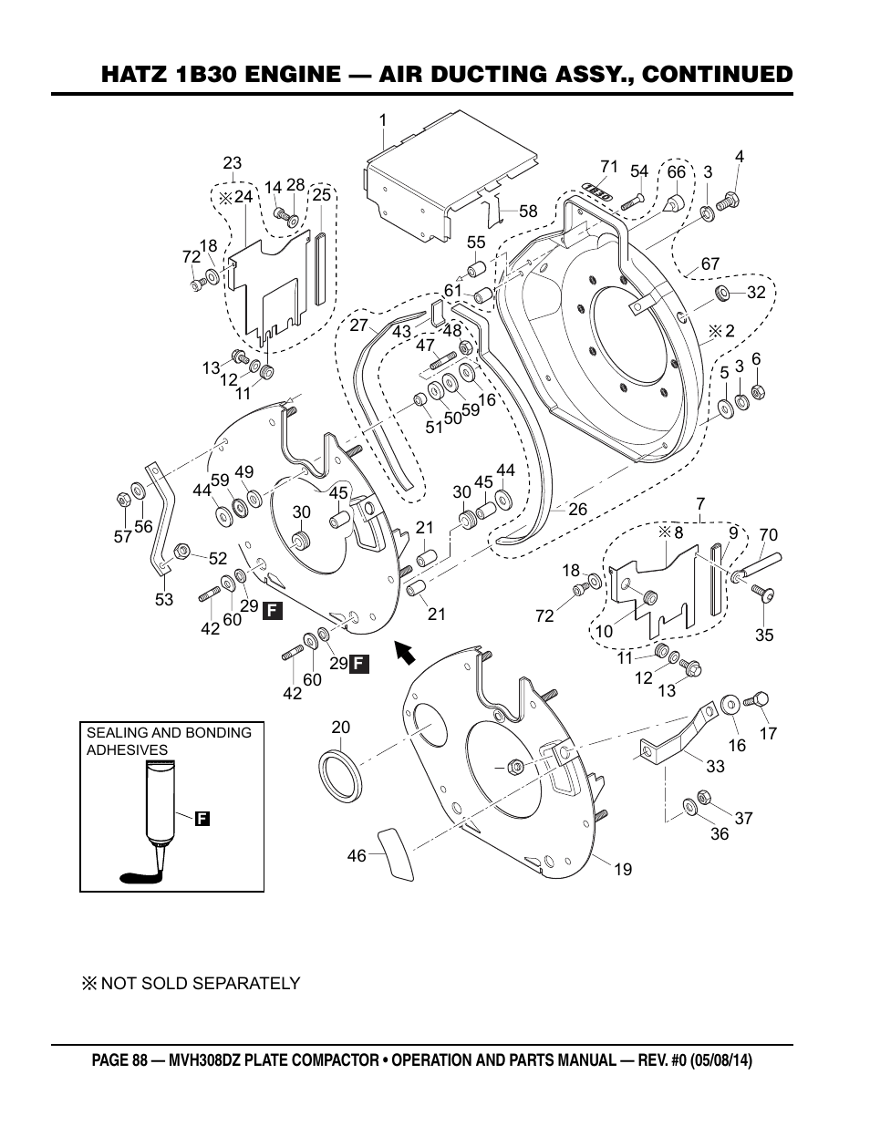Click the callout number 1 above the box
click(x=383, y=119)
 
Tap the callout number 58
click(x=529, y=212)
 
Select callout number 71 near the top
click(x=609, y=167)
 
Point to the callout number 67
click(x=710, y=264)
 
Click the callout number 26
click(x=577, y=511)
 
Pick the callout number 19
click(x=622, y=870)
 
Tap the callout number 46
click(x=357, y=856)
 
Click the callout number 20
click(x=340, y=728)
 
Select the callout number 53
click(x=163, y=600)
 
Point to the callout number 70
click(x=768, y=535)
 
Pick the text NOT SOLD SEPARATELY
click(x=200, y=983)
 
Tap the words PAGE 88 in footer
click(x=124, y=1061)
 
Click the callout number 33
click(x=715, y=767)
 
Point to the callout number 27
click(x=358, y=325)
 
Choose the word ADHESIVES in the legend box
click(x=127, y=750)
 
